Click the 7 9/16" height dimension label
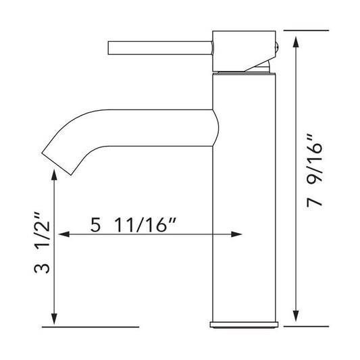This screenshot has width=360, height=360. [x=315, y=171]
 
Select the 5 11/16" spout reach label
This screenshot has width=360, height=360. [x=133, y=225]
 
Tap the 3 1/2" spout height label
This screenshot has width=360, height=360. [x=42, y=242]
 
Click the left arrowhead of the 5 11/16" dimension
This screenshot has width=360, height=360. [x=64, y=234]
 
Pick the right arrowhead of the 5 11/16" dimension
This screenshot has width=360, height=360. [x=236, y=234]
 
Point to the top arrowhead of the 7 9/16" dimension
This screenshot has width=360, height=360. [x=297, y=42]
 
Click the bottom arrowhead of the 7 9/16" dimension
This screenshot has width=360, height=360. [x=297, y=315]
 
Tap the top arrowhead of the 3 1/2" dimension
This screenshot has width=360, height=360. [x=54, y=174]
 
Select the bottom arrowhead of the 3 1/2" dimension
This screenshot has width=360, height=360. [x=54, y=319]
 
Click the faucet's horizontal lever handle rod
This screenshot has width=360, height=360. [x=161, y=48]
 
